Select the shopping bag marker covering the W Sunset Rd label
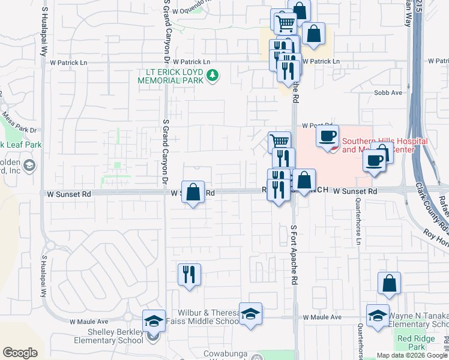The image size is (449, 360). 193,193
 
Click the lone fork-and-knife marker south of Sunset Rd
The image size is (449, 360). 189,275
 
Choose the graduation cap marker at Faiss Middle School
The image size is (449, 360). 250,314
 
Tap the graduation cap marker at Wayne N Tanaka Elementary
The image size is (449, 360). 378,316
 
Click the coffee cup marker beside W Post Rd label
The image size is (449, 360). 327,136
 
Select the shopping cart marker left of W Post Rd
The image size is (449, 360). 279,142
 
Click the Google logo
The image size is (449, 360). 20,353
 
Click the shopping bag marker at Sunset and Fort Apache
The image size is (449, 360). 304,181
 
